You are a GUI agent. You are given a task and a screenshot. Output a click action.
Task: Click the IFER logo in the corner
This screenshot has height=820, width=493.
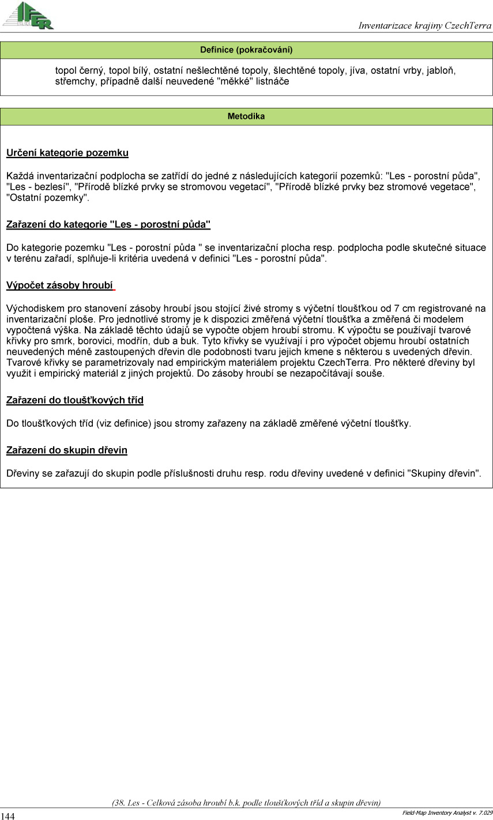tap(29, 16)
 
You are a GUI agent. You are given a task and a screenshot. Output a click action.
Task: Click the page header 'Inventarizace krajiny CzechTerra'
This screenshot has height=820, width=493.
tap(424, 25)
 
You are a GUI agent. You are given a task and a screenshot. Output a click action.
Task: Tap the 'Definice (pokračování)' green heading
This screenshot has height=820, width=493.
tap(246, 50)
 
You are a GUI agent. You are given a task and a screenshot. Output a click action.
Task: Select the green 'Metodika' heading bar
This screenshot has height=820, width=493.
tap(246, 116)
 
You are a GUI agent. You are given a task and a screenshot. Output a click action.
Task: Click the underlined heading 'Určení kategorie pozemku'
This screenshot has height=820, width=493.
tap(67, 153)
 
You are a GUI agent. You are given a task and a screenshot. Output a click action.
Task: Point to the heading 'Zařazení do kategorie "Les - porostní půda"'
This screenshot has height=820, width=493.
tap(108, 224)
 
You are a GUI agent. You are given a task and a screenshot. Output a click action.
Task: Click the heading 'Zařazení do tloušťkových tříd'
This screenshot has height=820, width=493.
tap(75, 400)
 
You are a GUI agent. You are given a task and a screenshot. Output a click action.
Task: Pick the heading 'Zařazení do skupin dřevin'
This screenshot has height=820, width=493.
tap(67, 450)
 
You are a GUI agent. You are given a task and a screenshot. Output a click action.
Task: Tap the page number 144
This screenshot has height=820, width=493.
tap(8, 816)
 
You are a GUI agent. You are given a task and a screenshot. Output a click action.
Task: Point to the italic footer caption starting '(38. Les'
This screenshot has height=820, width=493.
tap(246, 802)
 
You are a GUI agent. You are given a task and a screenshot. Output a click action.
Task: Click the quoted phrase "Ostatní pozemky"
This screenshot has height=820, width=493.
tap(48, 198)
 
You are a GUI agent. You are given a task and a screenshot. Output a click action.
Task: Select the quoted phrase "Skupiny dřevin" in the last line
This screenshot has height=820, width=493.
tap(444, 473)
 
